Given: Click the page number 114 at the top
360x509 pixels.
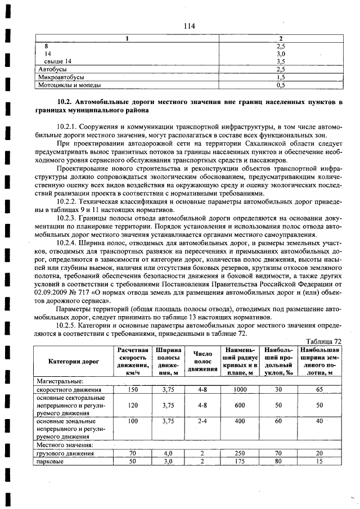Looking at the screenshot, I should pos(188,26).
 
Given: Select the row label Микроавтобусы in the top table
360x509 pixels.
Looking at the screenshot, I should pos(61,77).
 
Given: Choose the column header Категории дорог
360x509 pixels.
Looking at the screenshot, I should pos(73,361).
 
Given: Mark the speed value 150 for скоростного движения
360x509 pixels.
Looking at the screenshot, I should pos(133,389).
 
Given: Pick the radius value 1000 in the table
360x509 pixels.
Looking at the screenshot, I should pos(241,389).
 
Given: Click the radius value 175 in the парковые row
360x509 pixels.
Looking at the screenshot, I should pos(241,461).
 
